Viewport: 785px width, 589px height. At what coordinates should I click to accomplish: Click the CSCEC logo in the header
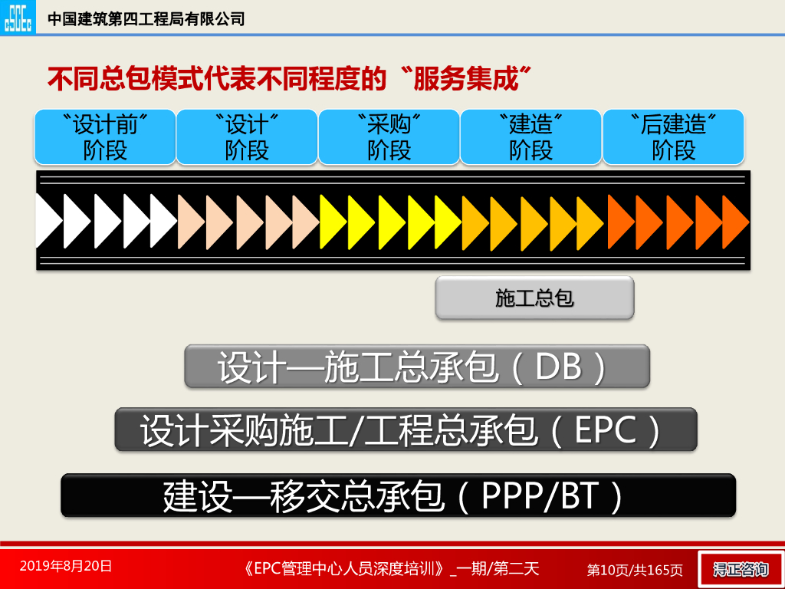(x=18, y=17)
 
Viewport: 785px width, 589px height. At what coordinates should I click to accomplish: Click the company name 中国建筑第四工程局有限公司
(x=146, y=18)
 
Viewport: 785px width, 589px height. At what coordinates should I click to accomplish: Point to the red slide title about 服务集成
(x=290, y=78)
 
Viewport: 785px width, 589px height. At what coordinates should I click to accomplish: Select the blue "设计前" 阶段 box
(x=105, y=137)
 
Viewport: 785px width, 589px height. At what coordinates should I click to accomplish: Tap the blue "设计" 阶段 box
(x=247, y=137)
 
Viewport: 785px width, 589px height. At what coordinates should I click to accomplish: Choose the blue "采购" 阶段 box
(x=389, y=137)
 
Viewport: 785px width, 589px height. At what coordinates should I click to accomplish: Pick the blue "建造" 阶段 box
(x=530, y=137)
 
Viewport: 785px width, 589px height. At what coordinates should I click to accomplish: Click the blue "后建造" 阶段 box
(x=673, y=137)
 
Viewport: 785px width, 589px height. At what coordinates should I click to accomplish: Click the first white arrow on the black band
(x=48, y=222)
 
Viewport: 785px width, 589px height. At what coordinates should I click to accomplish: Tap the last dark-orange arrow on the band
(x=734, y=222)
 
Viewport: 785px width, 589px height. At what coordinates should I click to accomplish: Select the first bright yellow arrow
(x=331, y=222)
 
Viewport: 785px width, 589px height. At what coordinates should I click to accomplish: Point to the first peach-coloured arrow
(x=189, y=222)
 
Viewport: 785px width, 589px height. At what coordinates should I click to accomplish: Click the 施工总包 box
(x=534, y=298)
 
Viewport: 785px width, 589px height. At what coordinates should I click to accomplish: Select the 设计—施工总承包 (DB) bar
(x=417, y=367)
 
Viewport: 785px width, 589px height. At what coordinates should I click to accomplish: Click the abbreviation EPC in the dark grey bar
(x=606, y=430)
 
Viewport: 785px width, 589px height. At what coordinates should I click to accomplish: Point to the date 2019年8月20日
(x=66, y=566)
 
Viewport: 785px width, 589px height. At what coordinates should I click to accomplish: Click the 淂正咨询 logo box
(x=740, y=569)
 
